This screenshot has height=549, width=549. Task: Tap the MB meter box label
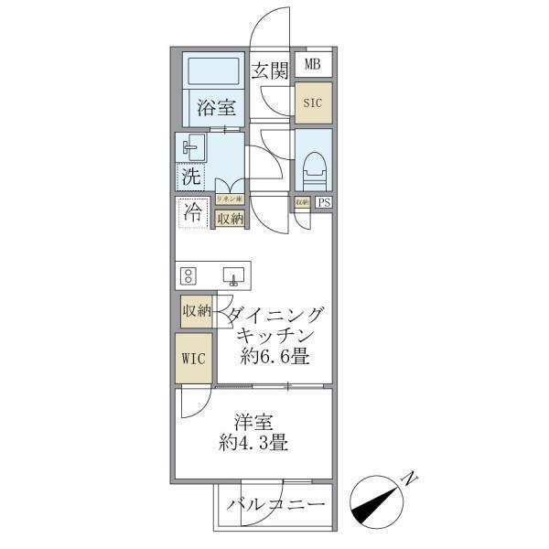click(313, 64)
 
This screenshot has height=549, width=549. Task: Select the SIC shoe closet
click(313, 102)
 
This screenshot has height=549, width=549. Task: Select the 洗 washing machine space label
click(191, 176)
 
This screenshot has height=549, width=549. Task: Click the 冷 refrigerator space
click(192, 214)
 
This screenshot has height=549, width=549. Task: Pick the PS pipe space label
click(324, 203)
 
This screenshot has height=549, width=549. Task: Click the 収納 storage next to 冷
click(229, 219)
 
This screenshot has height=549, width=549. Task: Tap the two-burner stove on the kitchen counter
click(189, 275)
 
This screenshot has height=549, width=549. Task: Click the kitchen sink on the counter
click(232, 275)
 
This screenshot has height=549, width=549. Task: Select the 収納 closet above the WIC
click(196, 311)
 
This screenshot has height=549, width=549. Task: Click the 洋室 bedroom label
click(253, 424)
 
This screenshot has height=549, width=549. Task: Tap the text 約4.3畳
click(254, 446)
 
